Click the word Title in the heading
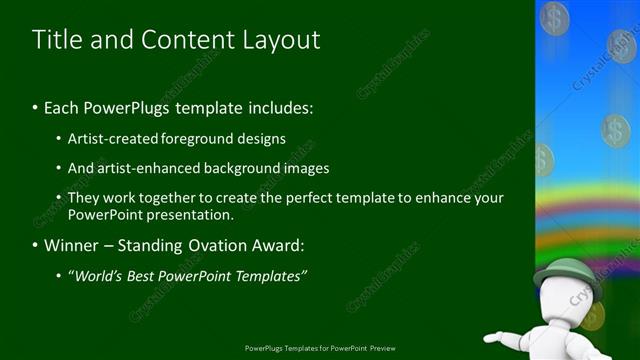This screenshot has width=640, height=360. tap(56, 40)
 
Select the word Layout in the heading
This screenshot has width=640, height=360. tap(282, 40)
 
